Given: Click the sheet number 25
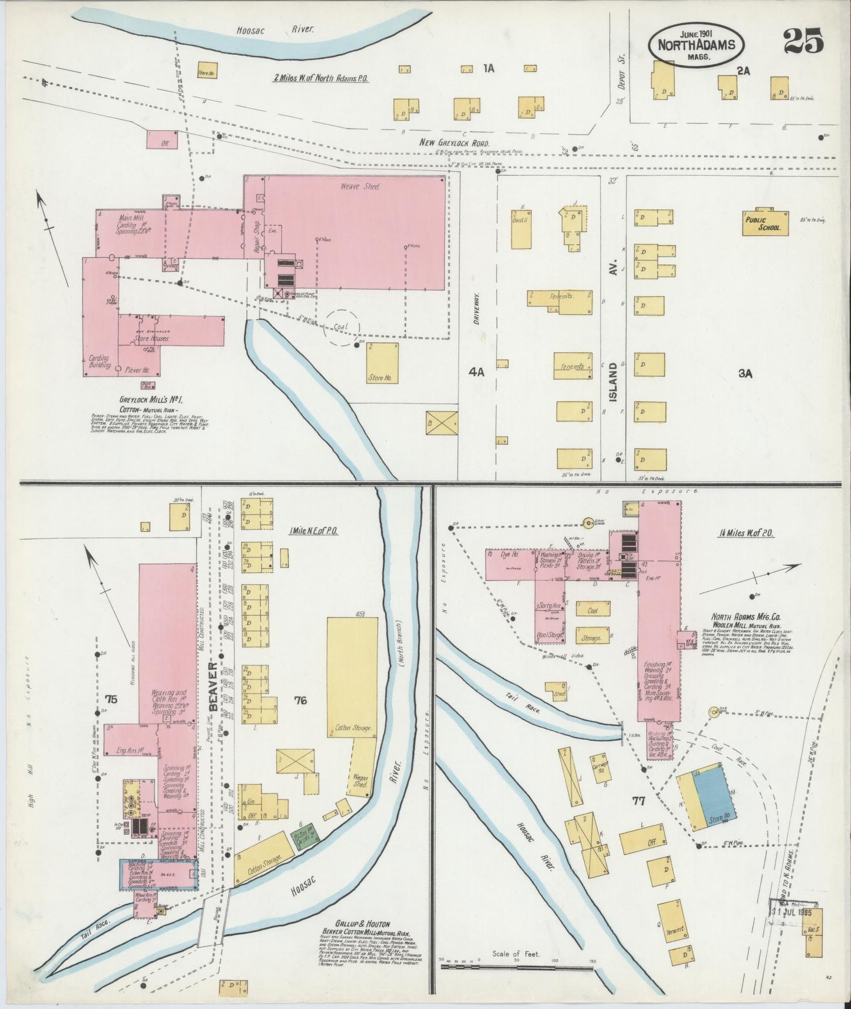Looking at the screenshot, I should pos(803,42).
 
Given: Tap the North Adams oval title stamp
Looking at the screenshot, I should pos(697,45).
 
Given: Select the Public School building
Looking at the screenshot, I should pos(765,224).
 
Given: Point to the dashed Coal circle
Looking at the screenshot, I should pos(342,327).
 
